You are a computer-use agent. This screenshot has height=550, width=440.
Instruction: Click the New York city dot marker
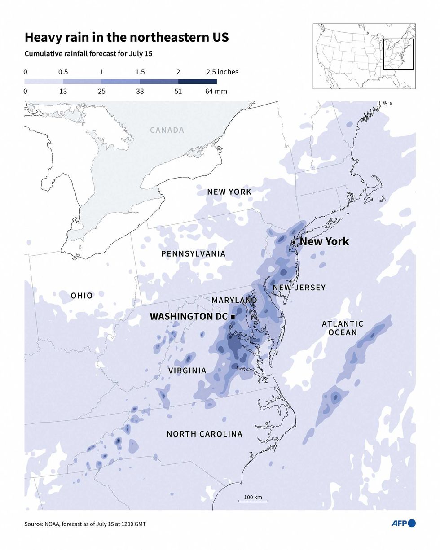[x=294, y=242]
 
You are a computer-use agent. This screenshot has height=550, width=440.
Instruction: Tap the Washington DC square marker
[x=233, y=317]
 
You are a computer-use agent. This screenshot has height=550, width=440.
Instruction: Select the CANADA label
[x=167, y=130]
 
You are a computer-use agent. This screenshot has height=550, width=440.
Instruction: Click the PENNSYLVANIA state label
[x=193, y=254]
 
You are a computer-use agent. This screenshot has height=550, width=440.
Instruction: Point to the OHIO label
[x=82, y=296]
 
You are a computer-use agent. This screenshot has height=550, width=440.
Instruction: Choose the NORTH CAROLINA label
[x=204, y=434]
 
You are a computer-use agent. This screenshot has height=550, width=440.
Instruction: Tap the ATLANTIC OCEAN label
[x=343, y=328]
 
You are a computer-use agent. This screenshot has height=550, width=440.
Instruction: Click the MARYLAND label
[x=234, y=300]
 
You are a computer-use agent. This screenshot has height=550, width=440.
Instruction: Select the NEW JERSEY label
[x=299, y=288]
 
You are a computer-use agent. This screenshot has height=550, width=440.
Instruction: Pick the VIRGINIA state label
[x=187, y=371]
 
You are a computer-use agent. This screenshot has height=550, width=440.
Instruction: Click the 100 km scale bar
[x=253, y=500]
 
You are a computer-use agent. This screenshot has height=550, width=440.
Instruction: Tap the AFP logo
[x=403, y=523]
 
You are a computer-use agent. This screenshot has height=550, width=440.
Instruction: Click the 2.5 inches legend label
[x=222, y=72]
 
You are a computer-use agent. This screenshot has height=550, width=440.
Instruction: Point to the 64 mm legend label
[x=216, y=91]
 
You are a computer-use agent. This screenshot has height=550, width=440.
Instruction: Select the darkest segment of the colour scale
[x=198, y=82]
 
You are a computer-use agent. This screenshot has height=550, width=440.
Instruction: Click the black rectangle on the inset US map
[x=398, y=54]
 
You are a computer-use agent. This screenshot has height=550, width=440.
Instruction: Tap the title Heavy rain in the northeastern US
[x=127, y=37]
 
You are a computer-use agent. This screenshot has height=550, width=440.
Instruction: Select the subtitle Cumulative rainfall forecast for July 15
[x=88, y=54]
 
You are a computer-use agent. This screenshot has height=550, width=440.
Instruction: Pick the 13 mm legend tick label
[x=63, y=91]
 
